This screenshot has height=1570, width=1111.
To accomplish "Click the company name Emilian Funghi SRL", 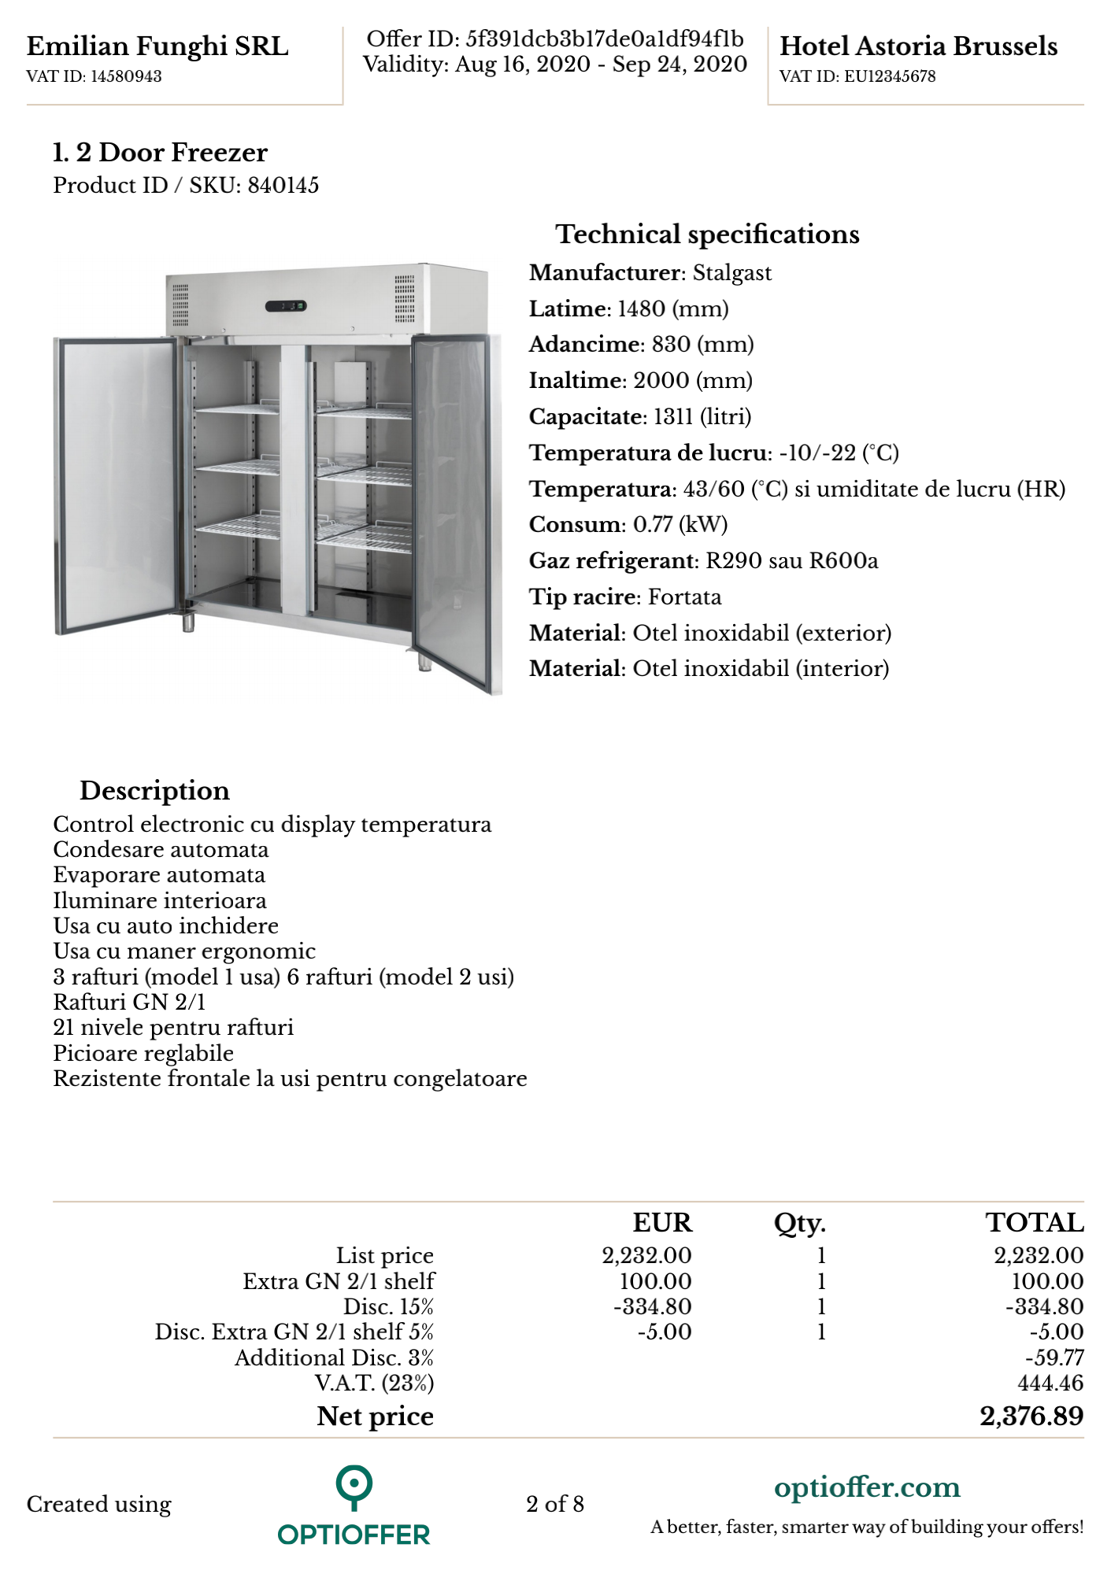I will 157,46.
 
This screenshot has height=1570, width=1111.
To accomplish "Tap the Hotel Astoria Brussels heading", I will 918,46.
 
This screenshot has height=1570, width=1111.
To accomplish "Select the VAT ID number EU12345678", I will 890,76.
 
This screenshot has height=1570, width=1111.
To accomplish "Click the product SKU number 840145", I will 283,186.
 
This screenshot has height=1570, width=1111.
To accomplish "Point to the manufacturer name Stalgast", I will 732,273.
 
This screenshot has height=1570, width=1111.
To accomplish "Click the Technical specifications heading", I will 707,235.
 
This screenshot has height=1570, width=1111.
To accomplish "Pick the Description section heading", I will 154,791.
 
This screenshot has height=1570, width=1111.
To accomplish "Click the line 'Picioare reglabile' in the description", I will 143,1054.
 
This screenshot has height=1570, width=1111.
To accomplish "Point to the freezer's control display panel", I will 286,306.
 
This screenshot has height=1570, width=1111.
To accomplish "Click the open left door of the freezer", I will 117,484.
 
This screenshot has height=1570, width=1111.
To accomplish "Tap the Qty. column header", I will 799,1224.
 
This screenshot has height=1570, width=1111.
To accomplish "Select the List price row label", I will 385,1256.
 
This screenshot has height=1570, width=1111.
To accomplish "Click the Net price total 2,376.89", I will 1031,1417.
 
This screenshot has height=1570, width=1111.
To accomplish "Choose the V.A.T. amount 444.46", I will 1050,1383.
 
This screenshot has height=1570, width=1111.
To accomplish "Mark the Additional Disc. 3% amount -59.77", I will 1054,1358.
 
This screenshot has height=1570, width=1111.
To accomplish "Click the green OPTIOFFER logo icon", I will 354,1487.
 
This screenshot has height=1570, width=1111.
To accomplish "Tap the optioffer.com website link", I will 867,1488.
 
